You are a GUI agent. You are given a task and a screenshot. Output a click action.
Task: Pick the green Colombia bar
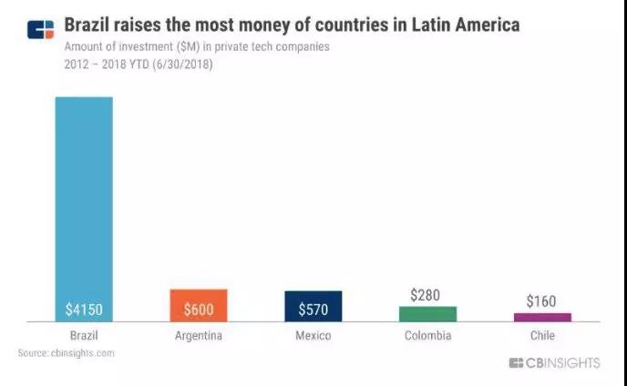(427, 313)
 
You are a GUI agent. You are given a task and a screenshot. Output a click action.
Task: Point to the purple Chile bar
(542, 317)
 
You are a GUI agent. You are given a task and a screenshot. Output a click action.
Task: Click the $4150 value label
(84, 310)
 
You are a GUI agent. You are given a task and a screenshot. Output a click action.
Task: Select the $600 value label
(198, 310)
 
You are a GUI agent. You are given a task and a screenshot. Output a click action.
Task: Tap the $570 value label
(313, 310)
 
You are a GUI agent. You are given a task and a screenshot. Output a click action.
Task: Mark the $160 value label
(541, 301)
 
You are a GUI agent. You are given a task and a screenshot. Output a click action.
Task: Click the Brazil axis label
(84, 336)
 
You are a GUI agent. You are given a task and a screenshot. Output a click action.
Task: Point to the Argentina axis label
(198, 336)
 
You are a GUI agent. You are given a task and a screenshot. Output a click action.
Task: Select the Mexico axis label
(313, 336)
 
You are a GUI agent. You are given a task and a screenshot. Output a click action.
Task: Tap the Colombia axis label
(427, 336)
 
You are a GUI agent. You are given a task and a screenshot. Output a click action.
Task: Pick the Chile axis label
(542, 336)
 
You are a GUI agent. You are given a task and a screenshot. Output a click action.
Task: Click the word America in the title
(481, 25)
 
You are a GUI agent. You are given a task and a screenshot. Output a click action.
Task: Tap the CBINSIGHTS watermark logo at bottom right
(554, 363)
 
